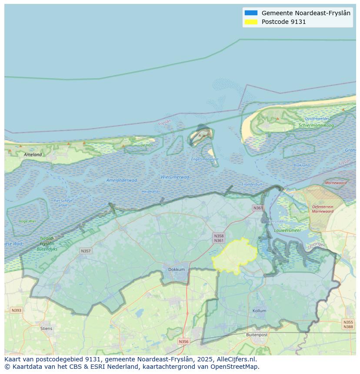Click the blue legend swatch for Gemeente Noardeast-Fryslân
[x=251, y=13]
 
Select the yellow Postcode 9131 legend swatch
[x=251, y=22]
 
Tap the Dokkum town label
[x=177, y=269]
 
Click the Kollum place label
[x=260, y=311]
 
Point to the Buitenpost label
[x=257, y=335]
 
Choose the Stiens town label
[x=46, y=328]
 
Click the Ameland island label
[x=33, y=154]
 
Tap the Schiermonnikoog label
[x=316, y=126]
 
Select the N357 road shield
[x=86, y=251]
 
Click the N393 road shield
[x=16, y=310]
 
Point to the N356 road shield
[x=183, y=341]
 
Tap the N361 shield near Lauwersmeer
[x=258, y=208]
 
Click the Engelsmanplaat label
[x=205, y=159]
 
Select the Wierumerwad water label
[x=175, y=177]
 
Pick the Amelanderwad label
[x=122, y=180]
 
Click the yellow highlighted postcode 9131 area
[x=235, y=256]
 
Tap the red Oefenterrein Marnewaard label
[x=322, y=209]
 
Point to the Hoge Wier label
[x=27, y=221]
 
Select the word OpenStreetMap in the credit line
[x=234, y=367]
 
